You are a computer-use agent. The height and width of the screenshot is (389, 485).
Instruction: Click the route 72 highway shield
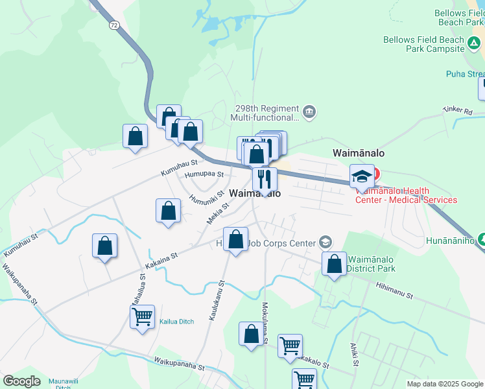[114, 25]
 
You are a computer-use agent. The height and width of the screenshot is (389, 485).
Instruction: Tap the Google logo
[21, 381]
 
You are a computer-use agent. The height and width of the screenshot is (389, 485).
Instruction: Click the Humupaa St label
[204, 174]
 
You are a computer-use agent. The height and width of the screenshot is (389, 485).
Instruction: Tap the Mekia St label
[219, 213]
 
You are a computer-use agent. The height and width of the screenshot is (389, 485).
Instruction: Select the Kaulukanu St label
[216, 301]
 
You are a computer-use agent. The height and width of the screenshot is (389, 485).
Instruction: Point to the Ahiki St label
[355, 354]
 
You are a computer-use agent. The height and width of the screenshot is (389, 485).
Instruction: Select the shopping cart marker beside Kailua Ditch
[142, 317]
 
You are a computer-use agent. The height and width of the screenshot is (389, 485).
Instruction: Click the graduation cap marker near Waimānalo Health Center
[362, 176]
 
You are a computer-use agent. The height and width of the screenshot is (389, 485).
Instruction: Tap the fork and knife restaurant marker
[265, 178]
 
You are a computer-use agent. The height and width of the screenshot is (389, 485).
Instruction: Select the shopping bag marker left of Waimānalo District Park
[335, 264]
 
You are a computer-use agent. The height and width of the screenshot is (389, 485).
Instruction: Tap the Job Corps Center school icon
[325, 243]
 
